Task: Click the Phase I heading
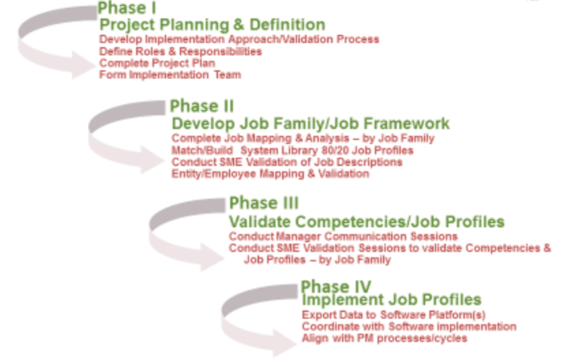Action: (127, 8)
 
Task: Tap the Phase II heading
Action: (202, 106)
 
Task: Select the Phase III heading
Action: (264, 203)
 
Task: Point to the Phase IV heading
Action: (336, 286)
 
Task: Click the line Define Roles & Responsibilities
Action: (180, 51)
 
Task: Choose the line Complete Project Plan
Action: (157, 63)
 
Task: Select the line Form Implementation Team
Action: (170, 75)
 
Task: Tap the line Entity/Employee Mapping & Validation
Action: (270, 173)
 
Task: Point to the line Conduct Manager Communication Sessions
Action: (343, 236)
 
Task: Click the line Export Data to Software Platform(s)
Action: (393, 315)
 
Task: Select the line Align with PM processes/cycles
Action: (384, 338)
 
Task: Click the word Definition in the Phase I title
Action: (287, 25)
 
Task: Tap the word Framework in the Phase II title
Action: (406, 124)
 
